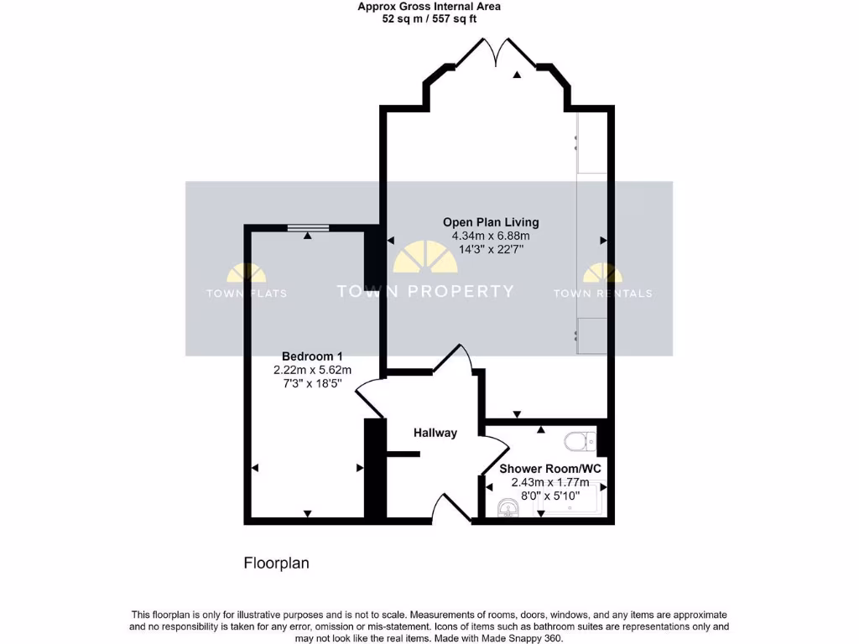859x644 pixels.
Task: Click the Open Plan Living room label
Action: (x=491, y=222)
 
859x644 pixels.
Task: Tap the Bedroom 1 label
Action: (x=312, y=356)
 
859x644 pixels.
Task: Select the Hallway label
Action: (x=435, y=433)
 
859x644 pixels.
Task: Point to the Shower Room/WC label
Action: (x=550, y=468)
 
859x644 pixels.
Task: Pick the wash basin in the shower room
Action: (x=508, y=508)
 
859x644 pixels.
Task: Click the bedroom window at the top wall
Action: (x=308, y=226)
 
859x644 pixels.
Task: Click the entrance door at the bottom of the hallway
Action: (x=451, y=507)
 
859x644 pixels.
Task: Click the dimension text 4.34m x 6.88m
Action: (x=491, y=236)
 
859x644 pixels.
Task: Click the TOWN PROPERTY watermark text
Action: (x=424, y=292)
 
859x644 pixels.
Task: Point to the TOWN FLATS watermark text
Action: (x=247, y=293)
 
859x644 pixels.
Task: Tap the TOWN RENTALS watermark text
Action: (x=602, y=293)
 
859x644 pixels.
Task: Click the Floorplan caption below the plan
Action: (x=276, y=563)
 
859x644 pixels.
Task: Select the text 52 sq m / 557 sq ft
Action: (x=429, y=18)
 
